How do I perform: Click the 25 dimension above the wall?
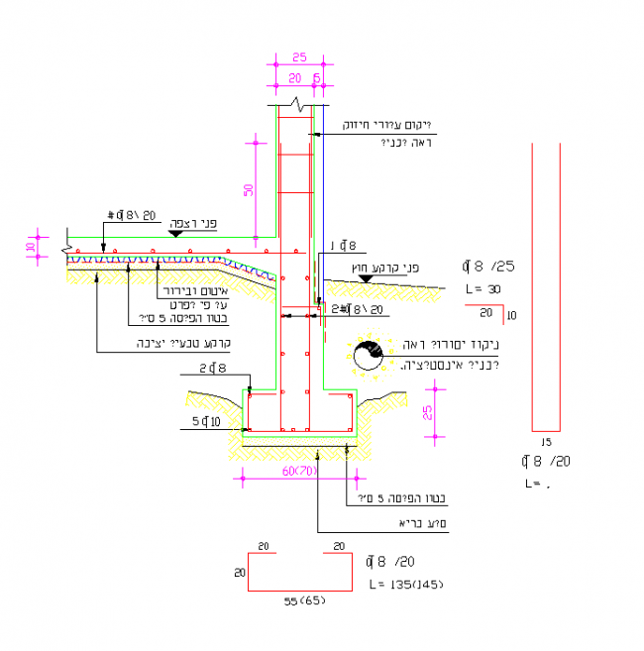tap(299, 56)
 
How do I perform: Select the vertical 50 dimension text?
tap(249, 190)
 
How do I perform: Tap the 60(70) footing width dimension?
tap(297, 471)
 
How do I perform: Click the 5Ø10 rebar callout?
tap(208, 423)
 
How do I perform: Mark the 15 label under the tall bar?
tap(546, 441)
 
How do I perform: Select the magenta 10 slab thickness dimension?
tap(31, 246)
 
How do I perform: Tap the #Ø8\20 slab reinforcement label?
tap(132, 214)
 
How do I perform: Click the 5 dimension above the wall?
tap(317, 76)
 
